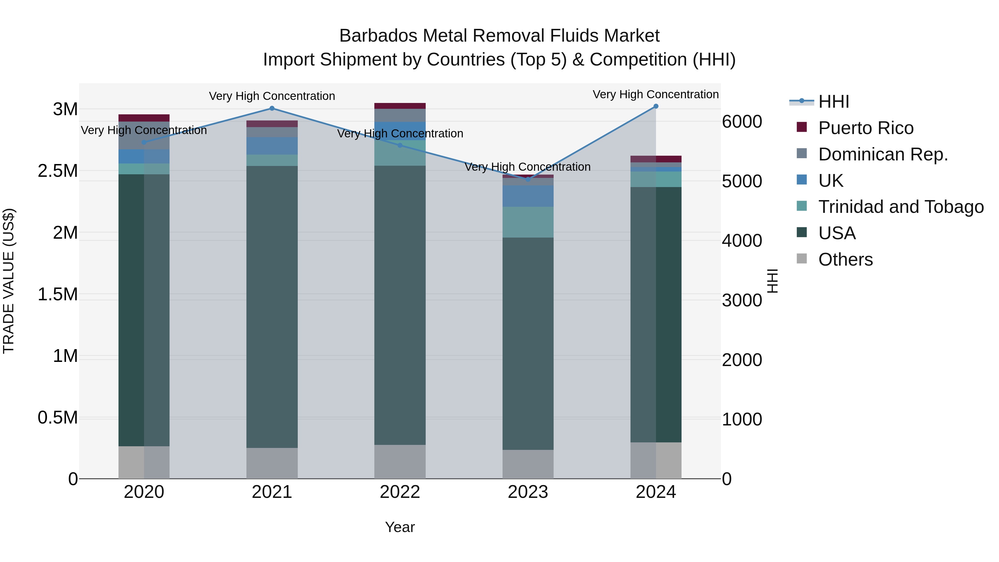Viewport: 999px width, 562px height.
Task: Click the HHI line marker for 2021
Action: coord(272,109)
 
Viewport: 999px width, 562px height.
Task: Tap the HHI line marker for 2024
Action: coord(656,106)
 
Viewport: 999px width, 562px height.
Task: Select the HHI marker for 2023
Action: coord(528,179)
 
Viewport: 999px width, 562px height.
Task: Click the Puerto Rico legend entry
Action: coord(866,128)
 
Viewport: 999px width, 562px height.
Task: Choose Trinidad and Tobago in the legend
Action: coord(900,207)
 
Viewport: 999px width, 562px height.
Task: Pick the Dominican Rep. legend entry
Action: coord(883,154)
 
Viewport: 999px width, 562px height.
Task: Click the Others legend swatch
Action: coord(802,259)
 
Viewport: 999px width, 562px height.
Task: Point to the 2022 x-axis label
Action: coord(400,492)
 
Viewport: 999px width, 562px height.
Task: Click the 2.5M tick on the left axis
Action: coord(58,171)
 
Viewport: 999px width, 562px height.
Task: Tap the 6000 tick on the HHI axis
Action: coord(742,122)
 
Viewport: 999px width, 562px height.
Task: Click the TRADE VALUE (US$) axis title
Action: coord(9,281)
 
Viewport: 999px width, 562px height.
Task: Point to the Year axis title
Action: coord(400,527)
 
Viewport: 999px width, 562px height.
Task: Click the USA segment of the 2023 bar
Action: coord(528,343)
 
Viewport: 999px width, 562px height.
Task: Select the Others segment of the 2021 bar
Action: coord(272,463)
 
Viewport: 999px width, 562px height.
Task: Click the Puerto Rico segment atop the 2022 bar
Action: coord(400,106)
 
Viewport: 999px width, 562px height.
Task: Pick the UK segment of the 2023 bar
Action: coord(528,196)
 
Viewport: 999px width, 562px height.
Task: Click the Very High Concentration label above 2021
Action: coord(272,96)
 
